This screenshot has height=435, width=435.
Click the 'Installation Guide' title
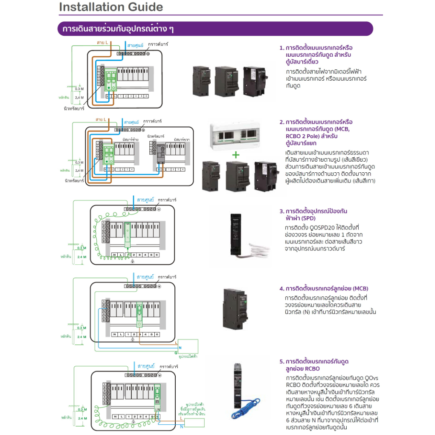pos(111,7)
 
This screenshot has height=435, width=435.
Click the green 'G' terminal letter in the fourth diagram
pos(176,353)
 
